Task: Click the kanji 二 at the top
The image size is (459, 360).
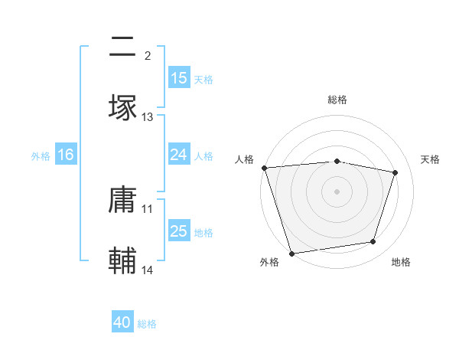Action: coord(123,47)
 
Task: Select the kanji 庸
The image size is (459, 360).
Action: coord(123,201)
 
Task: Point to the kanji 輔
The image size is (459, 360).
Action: coord(123,261)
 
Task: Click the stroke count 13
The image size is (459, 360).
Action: coord(148,117)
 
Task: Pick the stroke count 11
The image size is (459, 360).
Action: coord(148,208)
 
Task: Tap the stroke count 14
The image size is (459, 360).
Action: coord(148,270)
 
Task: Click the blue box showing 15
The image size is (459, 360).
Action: coord(178,78)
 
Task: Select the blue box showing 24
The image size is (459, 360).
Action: coord(178,155)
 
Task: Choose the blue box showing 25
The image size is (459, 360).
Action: coord(178,231)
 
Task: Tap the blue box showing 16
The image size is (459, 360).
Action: coord(65,155)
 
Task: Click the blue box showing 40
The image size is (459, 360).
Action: coord(122,322)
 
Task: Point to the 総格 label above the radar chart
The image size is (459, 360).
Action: coord(337,100)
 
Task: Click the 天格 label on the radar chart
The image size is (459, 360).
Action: coord(430,159)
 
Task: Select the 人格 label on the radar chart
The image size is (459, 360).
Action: coord(246,159)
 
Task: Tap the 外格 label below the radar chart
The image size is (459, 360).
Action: coord(269,263)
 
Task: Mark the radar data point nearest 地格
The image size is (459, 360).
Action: coord(373,242)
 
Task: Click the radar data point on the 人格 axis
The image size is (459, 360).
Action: coord(264,168)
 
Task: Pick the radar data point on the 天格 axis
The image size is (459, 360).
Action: coord(396,172)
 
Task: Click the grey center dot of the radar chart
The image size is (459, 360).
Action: coord(337,191)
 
